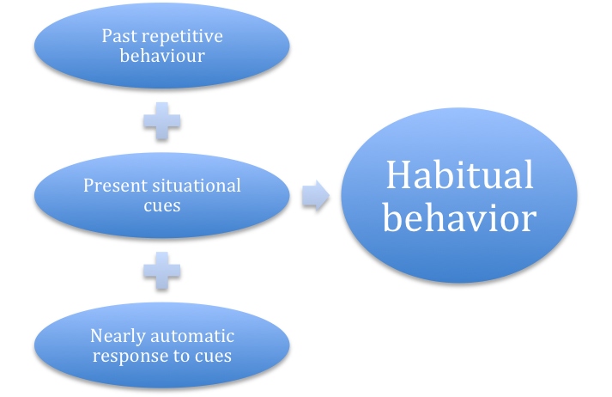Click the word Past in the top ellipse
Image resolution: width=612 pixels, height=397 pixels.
point(118,36)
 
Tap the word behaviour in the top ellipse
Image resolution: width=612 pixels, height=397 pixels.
point(162,56)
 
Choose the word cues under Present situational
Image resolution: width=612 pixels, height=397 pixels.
point(162,205)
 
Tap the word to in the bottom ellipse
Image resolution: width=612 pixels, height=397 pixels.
point(182,355)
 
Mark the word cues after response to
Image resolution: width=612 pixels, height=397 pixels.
point(213,355)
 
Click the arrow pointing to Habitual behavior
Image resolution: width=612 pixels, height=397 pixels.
point(316,196)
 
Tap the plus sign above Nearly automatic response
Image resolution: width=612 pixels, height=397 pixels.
point(162,271)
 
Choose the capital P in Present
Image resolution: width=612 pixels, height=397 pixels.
point(88,186)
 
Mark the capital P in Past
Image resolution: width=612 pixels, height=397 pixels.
point(106,36)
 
